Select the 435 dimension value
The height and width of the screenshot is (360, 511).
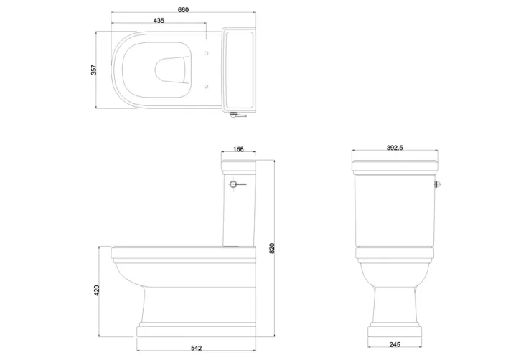tap(159, 21)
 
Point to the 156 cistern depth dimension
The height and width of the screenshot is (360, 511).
tap(238, 150)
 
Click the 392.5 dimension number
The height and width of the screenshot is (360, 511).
tap(395, 148)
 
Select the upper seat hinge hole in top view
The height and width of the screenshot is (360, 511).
tap(207, 54)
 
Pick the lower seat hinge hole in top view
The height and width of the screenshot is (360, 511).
tap(207, 85)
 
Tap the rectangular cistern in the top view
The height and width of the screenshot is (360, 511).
tap(239, 70)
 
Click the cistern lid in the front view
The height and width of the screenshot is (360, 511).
tap(395, 167)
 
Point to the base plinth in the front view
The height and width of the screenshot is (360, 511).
tap(395, 331)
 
